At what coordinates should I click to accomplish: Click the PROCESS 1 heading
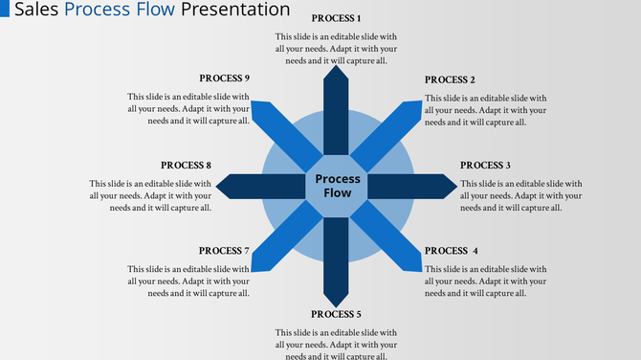point(337,19)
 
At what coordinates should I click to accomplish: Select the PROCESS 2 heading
point(450,79)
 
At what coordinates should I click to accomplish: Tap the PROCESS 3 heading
point(485,166)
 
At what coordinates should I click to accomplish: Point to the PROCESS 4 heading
point(451,251)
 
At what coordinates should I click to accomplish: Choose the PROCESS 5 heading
point(337,314)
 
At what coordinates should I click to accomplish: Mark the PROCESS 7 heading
point(224,251)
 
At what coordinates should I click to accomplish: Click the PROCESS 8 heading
point(186,166)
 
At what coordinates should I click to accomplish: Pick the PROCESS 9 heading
point(224,79)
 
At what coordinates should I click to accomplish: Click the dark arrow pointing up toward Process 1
point(337,110)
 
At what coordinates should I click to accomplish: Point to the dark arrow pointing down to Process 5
point(337,259)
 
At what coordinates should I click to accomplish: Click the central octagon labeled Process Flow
point(337,186)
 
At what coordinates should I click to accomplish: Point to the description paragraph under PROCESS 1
point(337,48)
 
